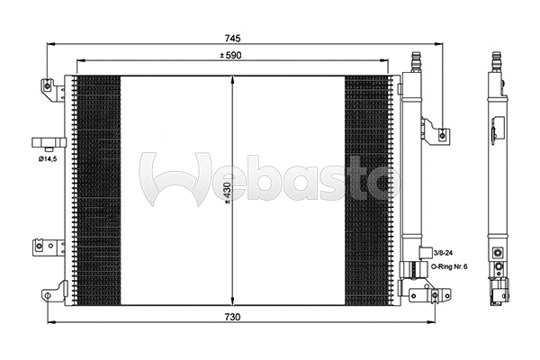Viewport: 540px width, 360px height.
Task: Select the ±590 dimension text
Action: point(234,57)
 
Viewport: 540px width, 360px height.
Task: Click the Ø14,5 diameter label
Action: point(49,159)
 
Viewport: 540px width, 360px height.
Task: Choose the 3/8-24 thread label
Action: point(443,255)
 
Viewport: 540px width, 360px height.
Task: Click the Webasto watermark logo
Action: point(270,178)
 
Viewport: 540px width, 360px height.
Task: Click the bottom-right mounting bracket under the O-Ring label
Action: point(427,292)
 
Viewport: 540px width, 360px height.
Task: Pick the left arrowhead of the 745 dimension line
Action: point(49,43)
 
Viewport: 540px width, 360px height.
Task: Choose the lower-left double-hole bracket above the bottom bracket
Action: point(45,247)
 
